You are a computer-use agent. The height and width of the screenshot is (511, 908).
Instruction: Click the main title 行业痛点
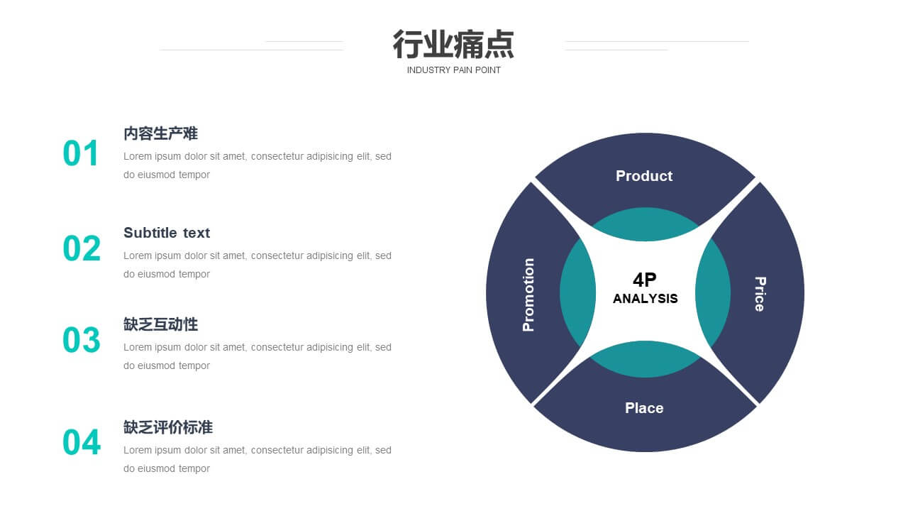click(453, 44)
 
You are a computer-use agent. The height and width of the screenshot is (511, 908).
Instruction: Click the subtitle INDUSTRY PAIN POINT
click(453, 70)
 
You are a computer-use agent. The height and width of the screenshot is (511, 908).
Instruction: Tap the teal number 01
click(80, 153)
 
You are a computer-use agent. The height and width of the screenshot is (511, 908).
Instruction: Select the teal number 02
click(82, 248)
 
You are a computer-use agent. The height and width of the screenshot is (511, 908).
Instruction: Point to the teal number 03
click(82, 340)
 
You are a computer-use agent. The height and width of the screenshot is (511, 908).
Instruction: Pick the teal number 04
click(82, 442)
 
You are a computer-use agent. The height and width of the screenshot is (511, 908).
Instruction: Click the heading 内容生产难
click(160, 133)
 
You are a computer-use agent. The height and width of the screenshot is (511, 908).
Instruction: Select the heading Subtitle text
click(167, 233)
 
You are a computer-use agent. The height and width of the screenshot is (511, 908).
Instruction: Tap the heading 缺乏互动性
click(160, 324)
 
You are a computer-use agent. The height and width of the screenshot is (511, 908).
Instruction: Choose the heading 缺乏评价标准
click(168, 427)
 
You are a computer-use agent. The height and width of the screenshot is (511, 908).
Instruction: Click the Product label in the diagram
click(644, 176)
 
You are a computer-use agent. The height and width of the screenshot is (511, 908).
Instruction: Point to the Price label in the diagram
click(760, 294)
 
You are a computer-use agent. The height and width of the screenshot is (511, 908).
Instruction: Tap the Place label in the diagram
click(644, 408)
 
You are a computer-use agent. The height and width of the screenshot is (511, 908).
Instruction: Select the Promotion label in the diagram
click(528, 295)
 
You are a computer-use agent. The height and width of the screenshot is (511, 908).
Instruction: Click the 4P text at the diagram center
click(645, 280)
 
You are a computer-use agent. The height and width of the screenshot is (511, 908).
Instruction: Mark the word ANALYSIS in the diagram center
click(646, 299)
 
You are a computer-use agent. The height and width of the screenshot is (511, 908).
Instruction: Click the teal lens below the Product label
click(646, 224)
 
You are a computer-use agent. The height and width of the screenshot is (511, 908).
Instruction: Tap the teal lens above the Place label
click(646, 359)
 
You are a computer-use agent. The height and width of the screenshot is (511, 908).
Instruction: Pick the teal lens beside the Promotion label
click(577, 292)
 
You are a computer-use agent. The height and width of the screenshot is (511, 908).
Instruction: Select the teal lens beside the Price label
click(713, 292)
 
